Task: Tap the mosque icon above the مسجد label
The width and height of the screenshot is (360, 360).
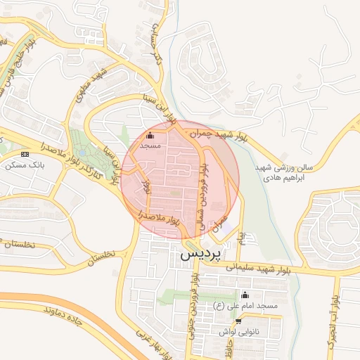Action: pyautogui.click(x=150, y=135)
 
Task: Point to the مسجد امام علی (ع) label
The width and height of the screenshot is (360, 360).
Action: pyautogui.click(x=246, y=307)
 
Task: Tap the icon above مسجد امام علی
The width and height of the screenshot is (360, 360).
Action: pyautogui.click(x=245, y=295)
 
